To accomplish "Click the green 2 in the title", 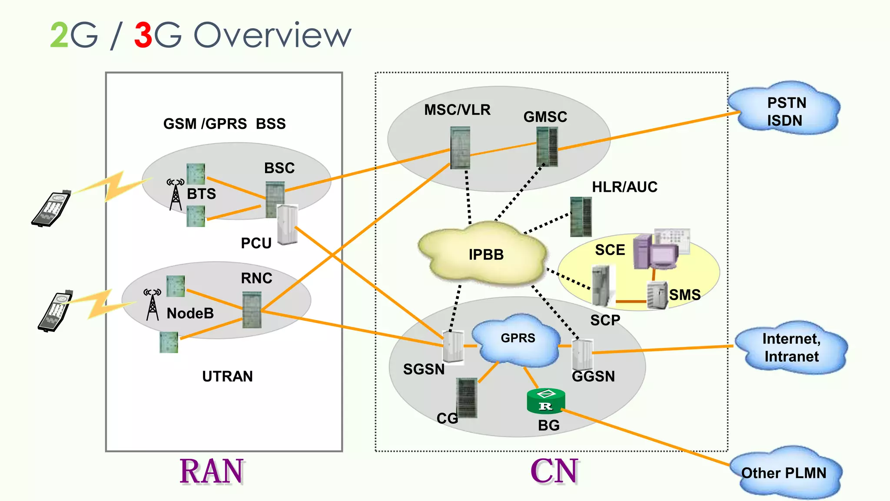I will pos(59,36).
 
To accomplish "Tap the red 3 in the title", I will pos(143,36).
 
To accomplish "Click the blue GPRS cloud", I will pos(517,339).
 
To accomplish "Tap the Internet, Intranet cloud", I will pos(791,348).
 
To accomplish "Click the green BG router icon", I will pos(546,401).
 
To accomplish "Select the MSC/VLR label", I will pos(457,110).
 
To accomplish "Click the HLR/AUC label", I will pos(624,187).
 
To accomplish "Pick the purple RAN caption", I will pos(212,471).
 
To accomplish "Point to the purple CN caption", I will pos(555,471).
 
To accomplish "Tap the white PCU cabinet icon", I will pos(287,224).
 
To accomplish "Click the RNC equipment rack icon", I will pos(252,310).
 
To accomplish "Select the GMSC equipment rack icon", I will pos(547,147).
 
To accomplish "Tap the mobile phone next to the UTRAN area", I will pos(55,311).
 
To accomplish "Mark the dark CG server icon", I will pos(467,397).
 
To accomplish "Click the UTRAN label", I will pos(227,376).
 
